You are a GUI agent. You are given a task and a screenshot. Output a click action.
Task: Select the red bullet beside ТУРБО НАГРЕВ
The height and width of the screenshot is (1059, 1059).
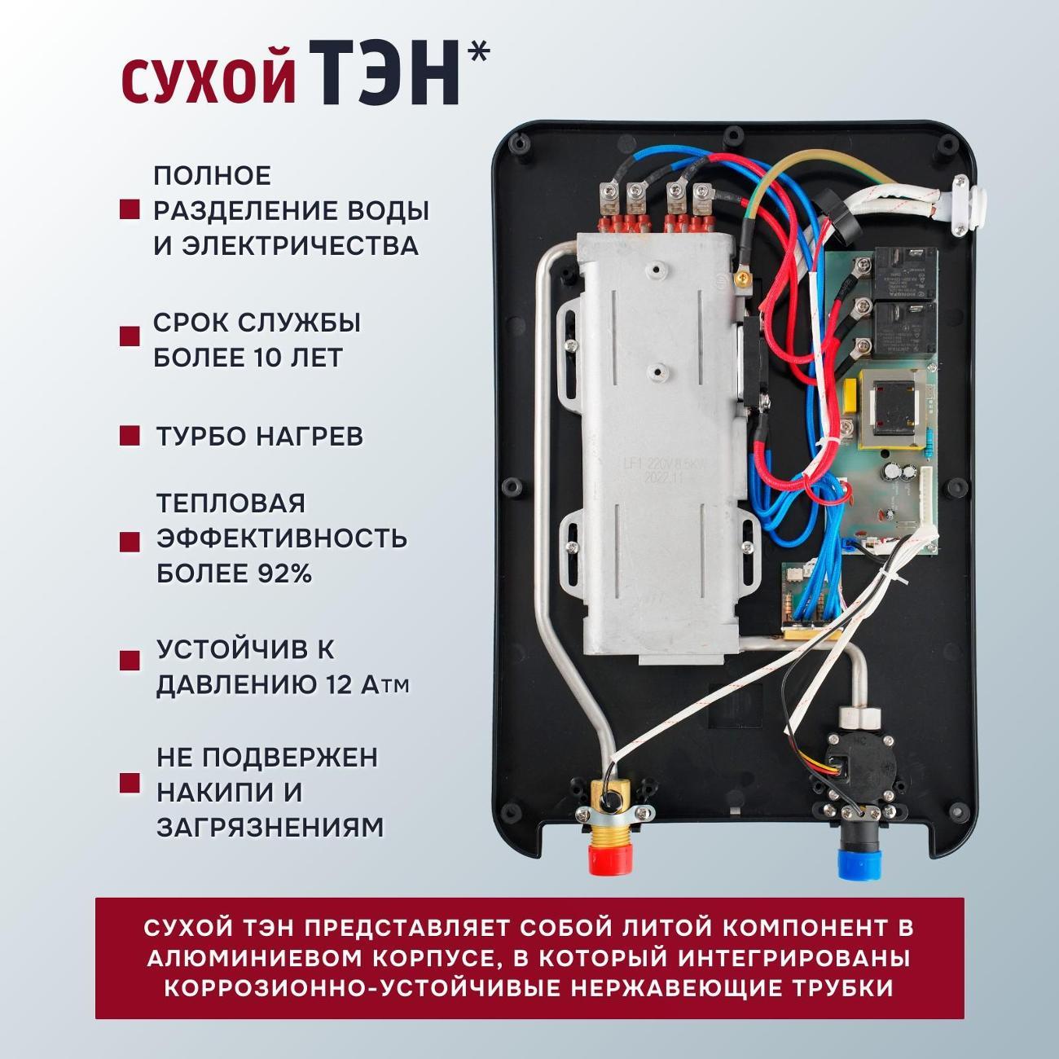tap(130, 436)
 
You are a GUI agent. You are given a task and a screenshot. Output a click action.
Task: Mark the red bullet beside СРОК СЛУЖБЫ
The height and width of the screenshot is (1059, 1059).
tap(130, 336)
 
